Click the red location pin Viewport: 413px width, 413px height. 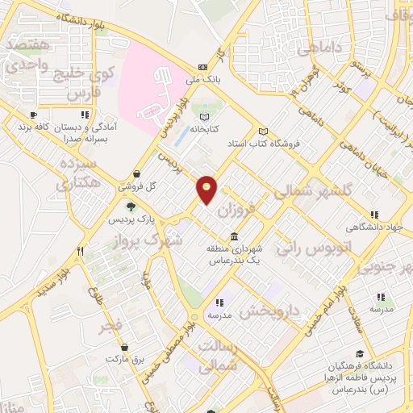[207, 190]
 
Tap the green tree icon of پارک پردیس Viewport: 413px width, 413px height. [126, 186]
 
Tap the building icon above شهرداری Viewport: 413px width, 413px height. [234, 236]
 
